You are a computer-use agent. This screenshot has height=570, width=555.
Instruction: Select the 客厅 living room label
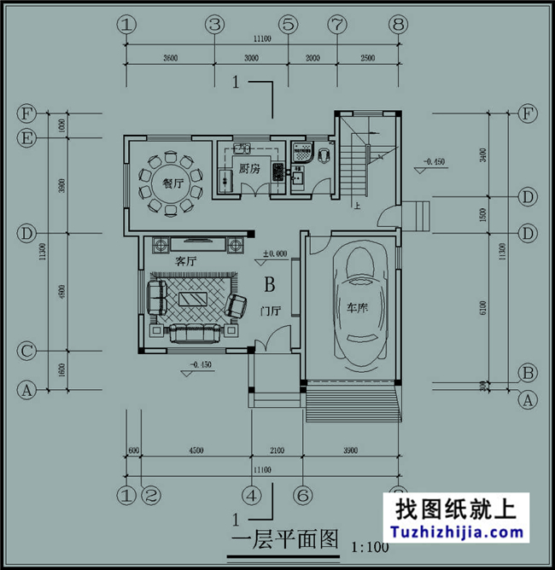tap(186, 259)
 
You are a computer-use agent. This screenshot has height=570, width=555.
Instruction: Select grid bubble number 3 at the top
tap(214, 26)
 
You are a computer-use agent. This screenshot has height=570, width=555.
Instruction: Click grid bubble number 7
tap(336, 26)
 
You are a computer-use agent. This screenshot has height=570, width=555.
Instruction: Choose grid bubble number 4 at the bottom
tap(251, 494)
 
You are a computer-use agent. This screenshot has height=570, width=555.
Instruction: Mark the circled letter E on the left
tap(27, 137)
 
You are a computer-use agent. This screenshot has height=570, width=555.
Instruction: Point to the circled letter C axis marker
tap(27, 351)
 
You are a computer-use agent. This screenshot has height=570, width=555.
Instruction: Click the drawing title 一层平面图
tap(285, 540)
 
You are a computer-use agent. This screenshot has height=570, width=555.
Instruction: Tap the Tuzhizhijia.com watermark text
tap(459, 532)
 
